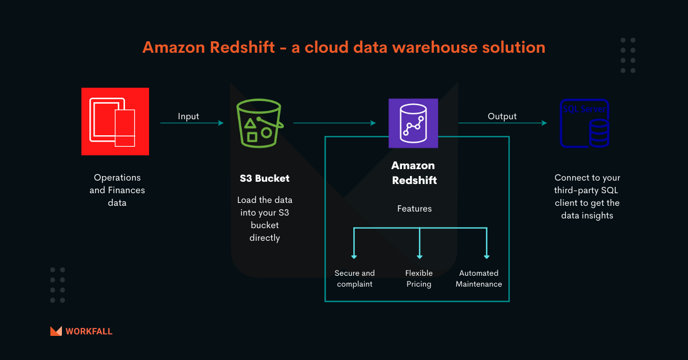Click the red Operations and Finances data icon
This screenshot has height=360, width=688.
pos(115,121)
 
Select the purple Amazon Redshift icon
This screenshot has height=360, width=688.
pos(413,123)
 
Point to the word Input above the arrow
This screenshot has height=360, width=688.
pos(188,116)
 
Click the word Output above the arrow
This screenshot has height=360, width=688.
pos(502,116)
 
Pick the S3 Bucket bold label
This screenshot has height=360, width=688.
pos(264,178)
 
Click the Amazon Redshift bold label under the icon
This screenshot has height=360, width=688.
pos(413,173)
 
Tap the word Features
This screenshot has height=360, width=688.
pos(414,209)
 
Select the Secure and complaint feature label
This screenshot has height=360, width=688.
pos(355,279)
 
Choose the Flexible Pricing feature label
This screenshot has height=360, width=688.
pos(419,279)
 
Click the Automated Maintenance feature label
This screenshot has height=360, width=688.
pos(479,279)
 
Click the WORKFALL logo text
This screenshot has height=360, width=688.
pos(89,331)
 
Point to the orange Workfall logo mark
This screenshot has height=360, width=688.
pos(56,331)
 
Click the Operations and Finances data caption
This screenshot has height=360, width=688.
pos(117,190)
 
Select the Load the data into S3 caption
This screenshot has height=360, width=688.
pos(264,219)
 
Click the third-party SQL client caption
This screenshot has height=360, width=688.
pos(587,197)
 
